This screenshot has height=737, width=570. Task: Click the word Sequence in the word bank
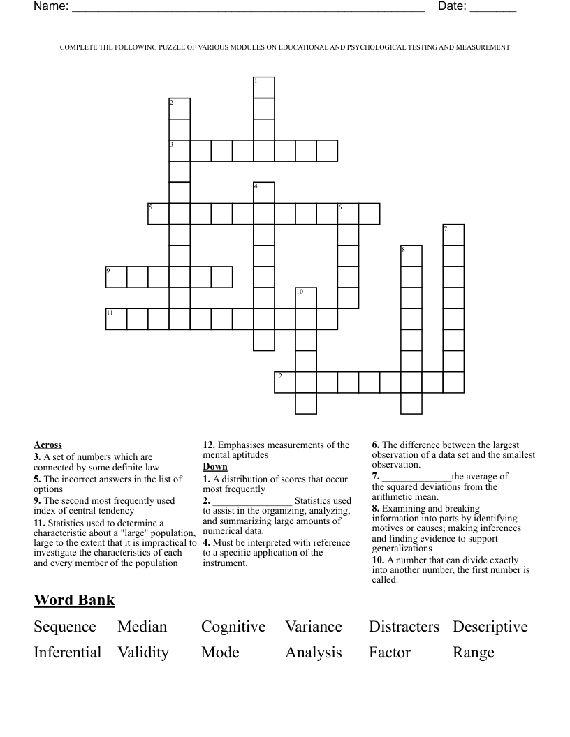pos(65,627)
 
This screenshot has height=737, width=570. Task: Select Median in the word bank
pos(142,627)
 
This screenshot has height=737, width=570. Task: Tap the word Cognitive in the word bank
pos(233,627)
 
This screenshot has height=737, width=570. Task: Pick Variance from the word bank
pos(314,627)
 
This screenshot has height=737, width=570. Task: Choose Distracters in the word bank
pos(404,627)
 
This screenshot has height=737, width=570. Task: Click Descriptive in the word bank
pos(490,627)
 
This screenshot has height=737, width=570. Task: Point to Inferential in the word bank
pos(68,653)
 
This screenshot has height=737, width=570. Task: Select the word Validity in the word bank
pos(143,653)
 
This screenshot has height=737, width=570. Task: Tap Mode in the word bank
pos(220,653)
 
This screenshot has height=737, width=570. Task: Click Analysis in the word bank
pos(314,653)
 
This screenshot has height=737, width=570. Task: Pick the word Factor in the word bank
pos(390,653)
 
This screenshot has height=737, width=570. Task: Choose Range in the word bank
pos(474,653)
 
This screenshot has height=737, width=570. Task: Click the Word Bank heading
pos(74,600)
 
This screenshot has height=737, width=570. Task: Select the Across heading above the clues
pos(47,445)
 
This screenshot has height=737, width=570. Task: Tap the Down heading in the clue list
pos(215,466)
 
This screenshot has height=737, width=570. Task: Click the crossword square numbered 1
pos(264,88)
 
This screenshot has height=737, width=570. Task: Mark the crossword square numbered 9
pos(116,276)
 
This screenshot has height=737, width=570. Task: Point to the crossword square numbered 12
pos(285,382)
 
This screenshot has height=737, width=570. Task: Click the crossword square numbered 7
pos(453,234)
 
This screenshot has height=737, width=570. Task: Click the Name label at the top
pos(50,7)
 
